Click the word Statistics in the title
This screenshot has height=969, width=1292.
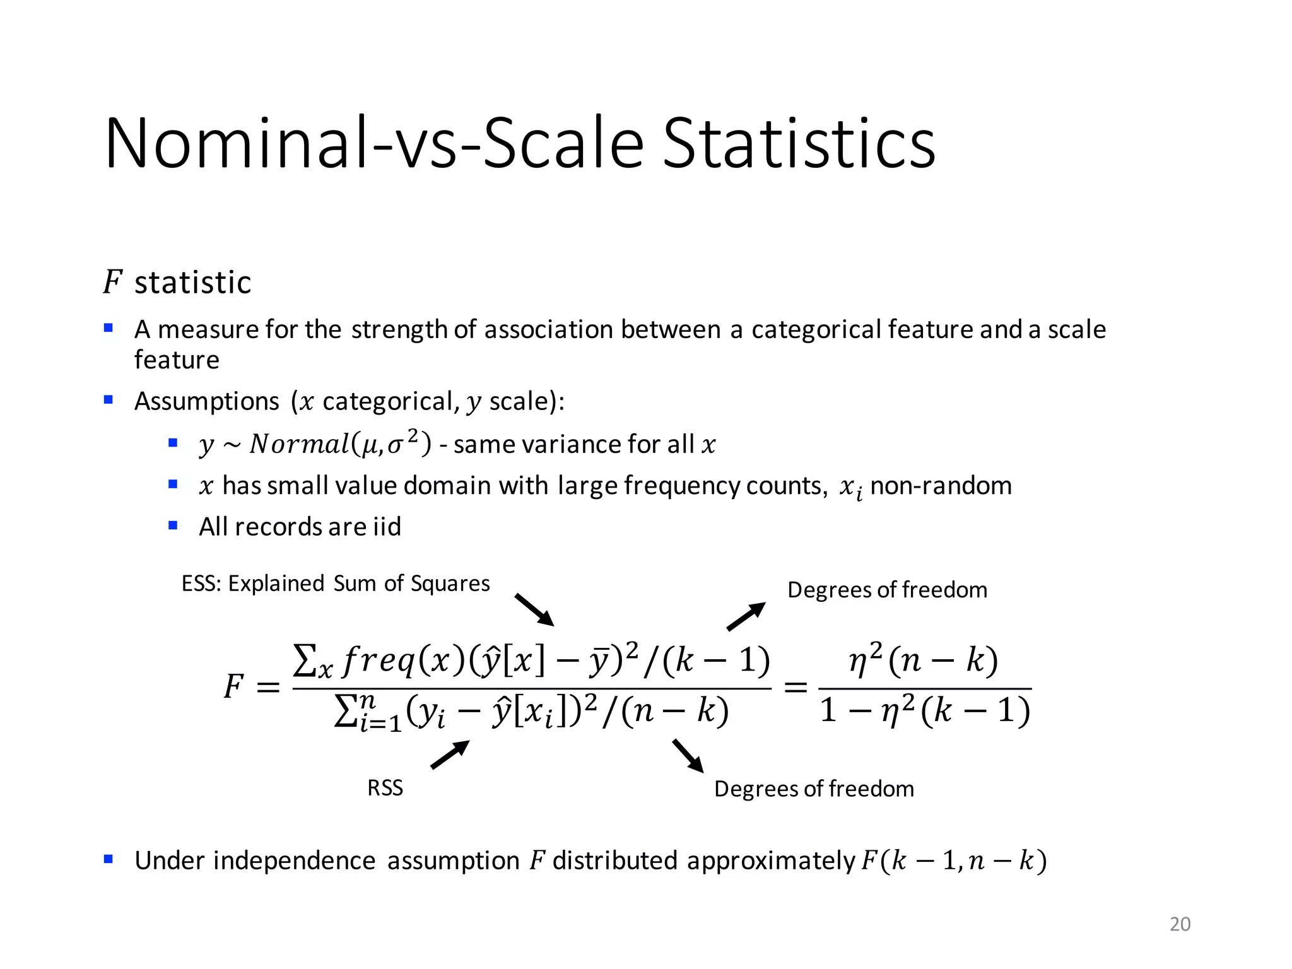click(x=799, y=144)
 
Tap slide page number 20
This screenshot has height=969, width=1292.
click(x=1180, y=924)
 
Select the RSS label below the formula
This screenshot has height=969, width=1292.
click(x=385, y=788)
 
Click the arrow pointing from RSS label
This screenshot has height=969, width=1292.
click(x=450, y=755)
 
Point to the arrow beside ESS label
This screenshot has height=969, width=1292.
click(x=534, y=609)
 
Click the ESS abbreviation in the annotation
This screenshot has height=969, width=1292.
click(x=201, y=584)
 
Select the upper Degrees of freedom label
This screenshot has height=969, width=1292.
click(x=887, y=590)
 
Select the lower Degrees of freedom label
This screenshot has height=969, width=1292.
click(x=814, y=789)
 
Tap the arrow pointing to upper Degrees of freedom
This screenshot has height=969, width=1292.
click(x=746, y=616)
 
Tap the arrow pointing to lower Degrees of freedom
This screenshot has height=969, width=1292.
click(x=688, y=756)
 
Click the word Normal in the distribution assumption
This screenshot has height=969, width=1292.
click(x=299, y=444)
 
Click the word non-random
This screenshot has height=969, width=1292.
click(x=941, y=486)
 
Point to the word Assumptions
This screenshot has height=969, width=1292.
click(x=206, y=401)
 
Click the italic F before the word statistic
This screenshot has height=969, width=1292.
click(x=112, y=281)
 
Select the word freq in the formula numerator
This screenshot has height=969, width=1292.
click(x=379, y=661)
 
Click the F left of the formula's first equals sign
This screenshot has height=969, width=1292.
click(x=233, y=686)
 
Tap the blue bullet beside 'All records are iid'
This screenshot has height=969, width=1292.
click(x=173, y=526)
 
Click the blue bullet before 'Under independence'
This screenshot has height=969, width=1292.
click(x=109, y=859)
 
